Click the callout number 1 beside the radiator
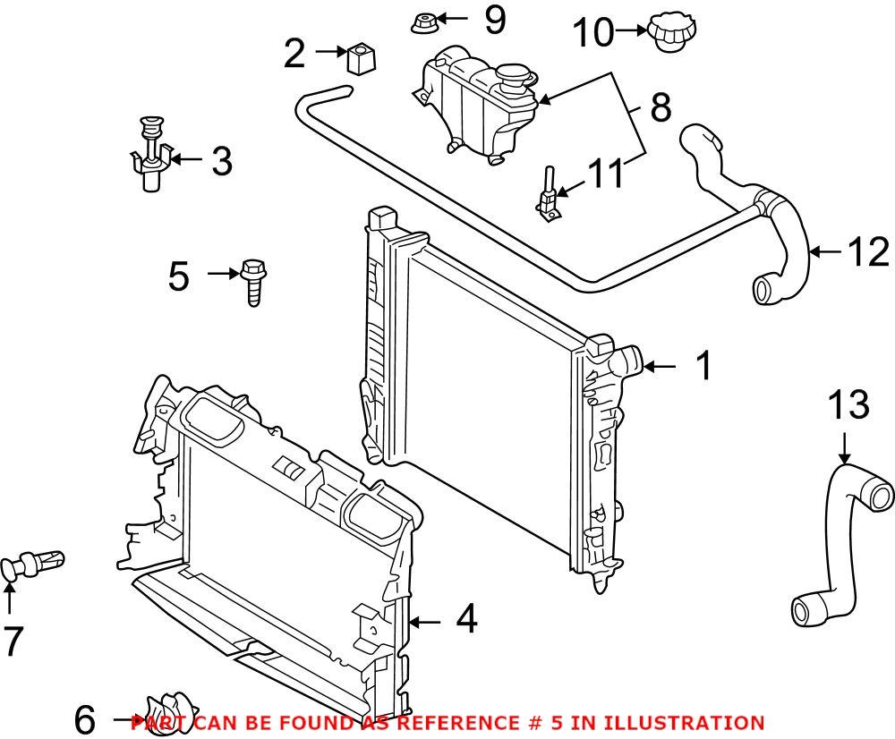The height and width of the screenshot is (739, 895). tap(704, 366)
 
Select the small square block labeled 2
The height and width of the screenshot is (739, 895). tap(361, 59)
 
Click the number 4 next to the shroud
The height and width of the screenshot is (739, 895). tap(466, 620)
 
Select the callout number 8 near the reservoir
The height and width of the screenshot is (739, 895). tap(660, 108)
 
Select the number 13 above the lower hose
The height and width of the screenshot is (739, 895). tap(847, 404)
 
